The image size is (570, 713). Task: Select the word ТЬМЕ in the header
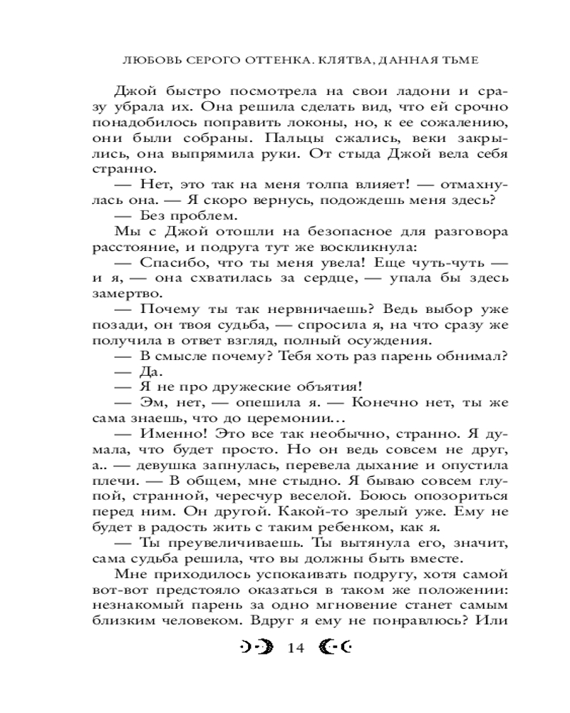click(457, 61)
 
